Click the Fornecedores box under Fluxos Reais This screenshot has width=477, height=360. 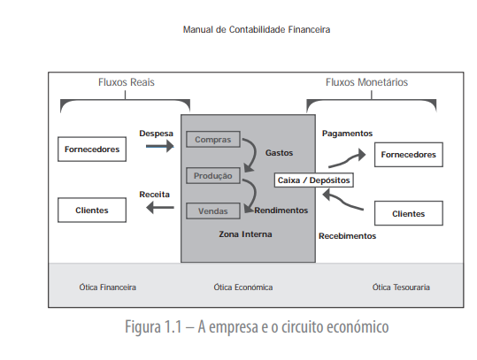[92, 149]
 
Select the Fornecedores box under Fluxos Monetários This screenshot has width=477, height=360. [408, 154]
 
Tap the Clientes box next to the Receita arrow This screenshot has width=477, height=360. [92, 210]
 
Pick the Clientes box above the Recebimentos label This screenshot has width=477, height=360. [408, 213]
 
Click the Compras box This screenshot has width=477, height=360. [212, 140]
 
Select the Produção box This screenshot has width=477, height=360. [212, 175]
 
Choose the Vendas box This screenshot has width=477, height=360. [212, 211]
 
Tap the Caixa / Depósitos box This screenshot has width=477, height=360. [313, 180]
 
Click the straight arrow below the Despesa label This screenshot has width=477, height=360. [160, 148]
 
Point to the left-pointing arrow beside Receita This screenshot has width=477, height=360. [160, 207]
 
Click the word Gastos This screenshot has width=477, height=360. [279, 153]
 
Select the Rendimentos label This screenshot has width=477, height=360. [281, 211]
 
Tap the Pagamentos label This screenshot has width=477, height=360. [347, 134]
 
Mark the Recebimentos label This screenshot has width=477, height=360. [347, 236]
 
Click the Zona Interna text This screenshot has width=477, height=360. [245, 234]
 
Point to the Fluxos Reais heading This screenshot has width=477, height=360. [126, 82]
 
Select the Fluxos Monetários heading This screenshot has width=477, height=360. [366, 82]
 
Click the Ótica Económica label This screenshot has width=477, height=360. [242, 287]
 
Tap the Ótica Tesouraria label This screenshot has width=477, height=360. [401, 287]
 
